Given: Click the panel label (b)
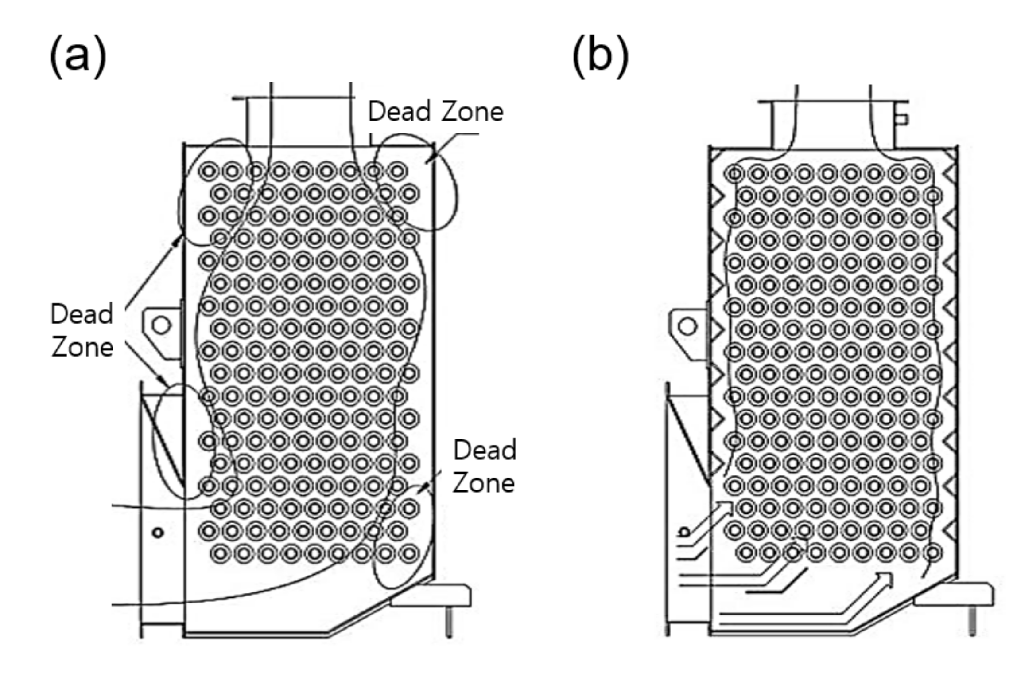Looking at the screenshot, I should click(x=600, y=57).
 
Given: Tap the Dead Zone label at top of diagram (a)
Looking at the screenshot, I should click(x=436, y=111).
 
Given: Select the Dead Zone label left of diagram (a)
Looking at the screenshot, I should click(x=82, y=330).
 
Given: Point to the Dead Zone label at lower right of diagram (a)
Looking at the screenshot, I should click(x=484, y=466).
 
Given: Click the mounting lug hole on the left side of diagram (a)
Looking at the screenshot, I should click(x=161, y=325).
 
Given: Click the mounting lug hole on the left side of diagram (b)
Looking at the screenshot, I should click(x=687, y=327).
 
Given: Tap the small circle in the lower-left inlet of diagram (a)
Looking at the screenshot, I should click(x=158, y=533).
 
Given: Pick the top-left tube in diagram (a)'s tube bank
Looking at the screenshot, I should click(x=209, y=171).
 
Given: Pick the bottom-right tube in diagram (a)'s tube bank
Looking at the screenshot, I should click(x=409, y=553).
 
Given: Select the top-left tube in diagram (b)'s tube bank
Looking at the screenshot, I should click(x=734, y=173).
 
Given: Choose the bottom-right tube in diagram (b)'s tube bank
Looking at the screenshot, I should click(x=932, y=553).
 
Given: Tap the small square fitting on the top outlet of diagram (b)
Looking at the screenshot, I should click(x=902, y=119).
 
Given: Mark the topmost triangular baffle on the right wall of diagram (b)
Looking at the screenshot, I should click(x=949, y=173).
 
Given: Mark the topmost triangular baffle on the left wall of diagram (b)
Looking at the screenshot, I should click(x=716, y=196).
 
